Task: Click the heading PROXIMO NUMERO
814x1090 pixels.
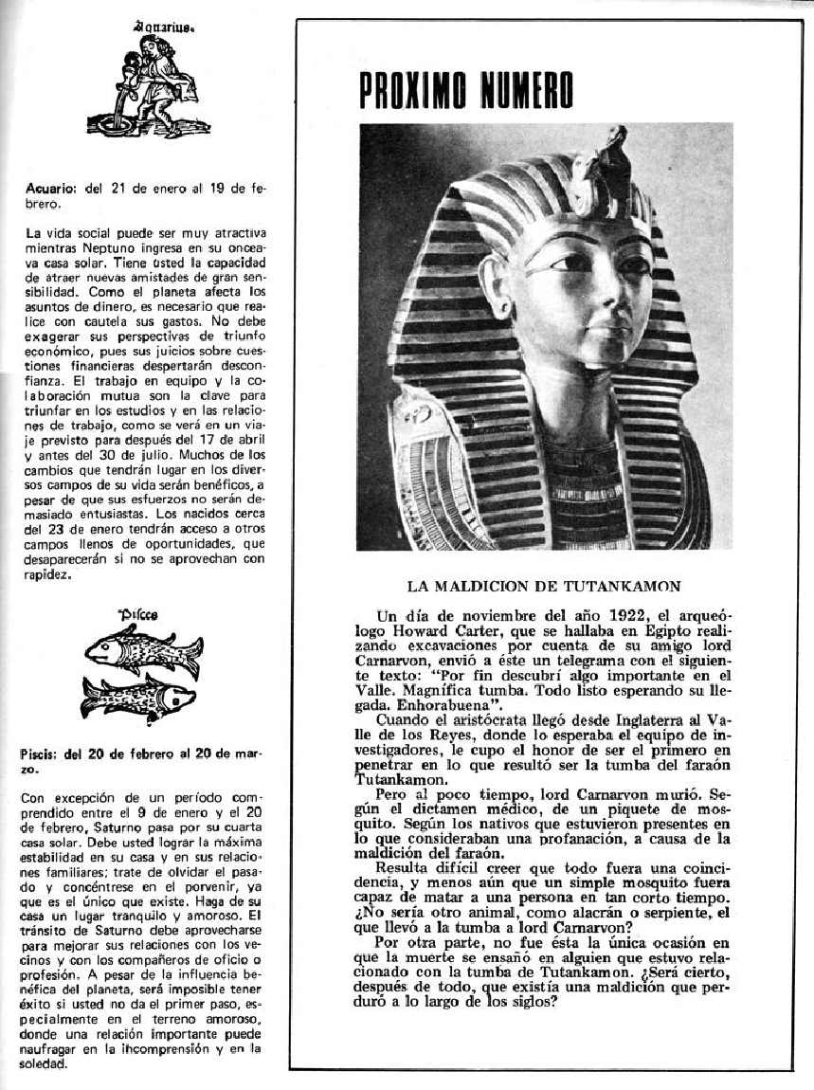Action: click(x=466, y=89)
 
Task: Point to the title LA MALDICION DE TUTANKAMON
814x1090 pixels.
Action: click(x=544, y=587)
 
